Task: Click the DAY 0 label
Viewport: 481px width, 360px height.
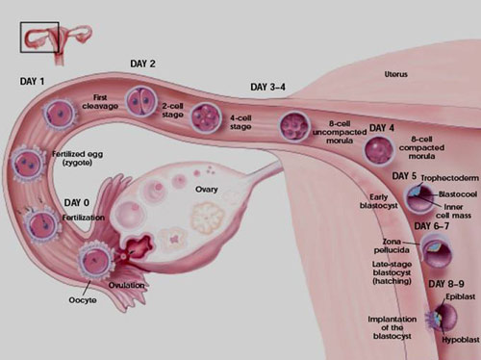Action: click(77, 203)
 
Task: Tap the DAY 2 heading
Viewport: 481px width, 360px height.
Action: click(142, 64)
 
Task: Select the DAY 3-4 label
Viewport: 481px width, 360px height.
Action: click(267, 87)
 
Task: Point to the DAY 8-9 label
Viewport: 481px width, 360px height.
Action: click(446, 284)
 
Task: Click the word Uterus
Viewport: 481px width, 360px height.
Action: click(396, 74)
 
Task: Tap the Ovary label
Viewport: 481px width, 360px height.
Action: click(207, 190)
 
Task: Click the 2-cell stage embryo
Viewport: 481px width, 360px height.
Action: click(141, 101)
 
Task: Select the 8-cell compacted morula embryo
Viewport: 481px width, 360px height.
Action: click(379, 150)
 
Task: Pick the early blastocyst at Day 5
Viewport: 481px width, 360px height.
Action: click(420, 199)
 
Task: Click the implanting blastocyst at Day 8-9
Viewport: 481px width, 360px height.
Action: click(443, 318)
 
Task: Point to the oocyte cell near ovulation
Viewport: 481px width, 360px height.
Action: click(96, 260)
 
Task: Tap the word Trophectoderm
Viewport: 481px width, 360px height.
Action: click(450, 178)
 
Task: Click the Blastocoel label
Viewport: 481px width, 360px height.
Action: click(458, 194)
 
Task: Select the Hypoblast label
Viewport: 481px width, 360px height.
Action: click(461, 340)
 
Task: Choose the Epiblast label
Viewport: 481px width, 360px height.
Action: click(461, 296)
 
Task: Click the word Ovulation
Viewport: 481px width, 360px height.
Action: click(126, 285)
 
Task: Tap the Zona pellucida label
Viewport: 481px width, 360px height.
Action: click(392, 245)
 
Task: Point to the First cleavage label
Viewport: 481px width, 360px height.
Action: click(100, 102)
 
